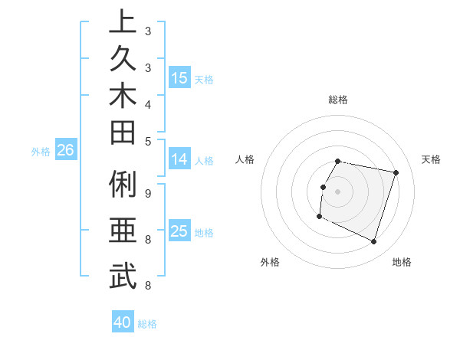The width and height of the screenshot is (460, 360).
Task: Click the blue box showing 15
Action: pyautogui.click(x=179, y=78)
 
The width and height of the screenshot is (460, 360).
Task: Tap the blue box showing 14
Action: pyautogui.click(x=179, y=160)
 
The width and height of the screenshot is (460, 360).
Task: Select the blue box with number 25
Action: pyautogui.click(x=179, y=231)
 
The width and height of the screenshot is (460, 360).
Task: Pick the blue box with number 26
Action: pyautogui.click(x=65, y=151)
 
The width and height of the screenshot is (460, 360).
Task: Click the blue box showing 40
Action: pyautogui.click(x=123, y=323)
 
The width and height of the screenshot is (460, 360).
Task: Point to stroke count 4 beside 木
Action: pyautogui.click(x=148, y=103)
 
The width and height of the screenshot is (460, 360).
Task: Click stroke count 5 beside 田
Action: pyautogui.click(x=148, y=141)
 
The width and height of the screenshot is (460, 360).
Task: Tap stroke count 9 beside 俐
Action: pyautogui.click(x=148, y=193)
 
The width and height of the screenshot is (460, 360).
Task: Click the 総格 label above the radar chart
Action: pyautogui.click(x=338, y=100)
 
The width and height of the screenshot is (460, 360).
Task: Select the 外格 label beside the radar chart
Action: pyautogui.click(x=270, y=263)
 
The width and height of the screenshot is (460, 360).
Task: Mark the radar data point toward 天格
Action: pyautogui.click(x=396, y=173)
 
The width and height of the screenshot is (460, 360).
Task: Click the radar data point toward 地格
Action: pyautogui.click(x=373, y=241)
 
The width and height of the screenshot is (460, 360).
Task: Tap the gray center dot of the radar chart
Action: pyautogui.click(x=338, y=191)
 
